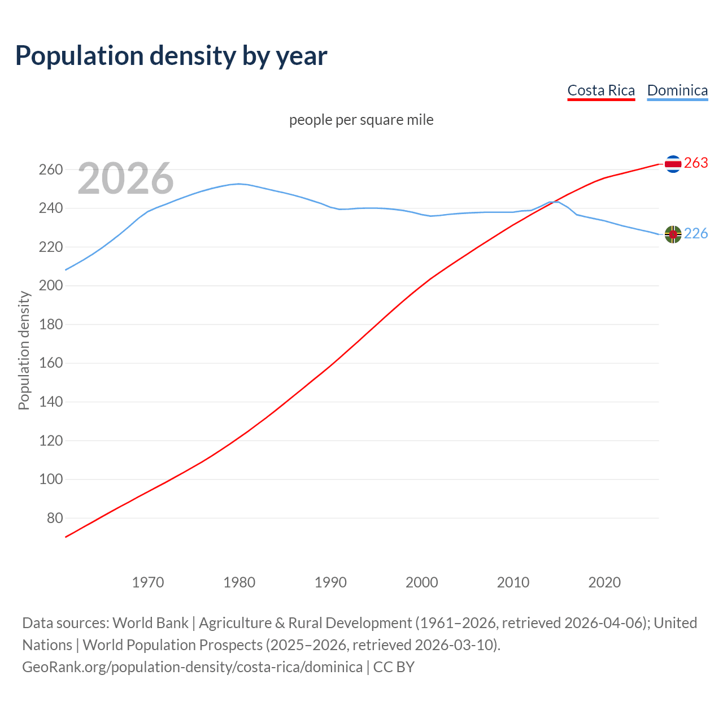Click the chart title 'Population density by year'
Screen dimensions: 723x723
click(x=171, y=55)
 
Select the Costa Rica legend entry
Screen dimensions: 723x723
click(x=601, y=90)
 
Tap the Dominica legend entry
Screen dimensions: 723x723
click(x=677, y=90)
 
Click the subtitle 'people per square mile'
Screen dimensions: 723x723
click(x=361, y=120)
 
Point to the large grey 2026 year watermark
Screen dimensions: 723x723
click(x=125, y=178)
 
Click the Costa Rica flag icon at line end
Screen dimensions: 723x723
click(x=673, y=164)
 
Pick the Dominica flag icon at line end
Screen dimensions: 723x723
click(x=673, y=234)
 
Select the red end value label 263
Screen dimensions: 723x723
click(x=696, y=163)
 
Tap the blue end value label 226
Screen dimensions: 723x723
click(x=696, y=234)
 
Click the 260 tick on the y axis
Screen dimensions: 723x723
click(x=50, y=170)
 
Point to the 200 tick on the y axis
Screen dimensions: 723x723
click(x=50, y=286)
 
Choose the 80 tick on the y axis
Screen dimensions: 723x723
click(x=54, y=518)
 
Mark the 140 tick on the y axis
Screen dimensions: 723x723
click(x=50, y=402)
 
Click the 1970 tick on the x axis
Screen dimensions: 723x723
click(x=148, y=582)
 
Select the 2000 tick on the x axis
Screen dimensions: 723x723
click(x=422, y=582)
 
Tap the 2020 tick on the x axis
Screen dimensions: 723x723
click(x=604, y=582)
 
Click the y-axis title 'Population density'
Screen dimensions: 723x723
click(x=24, y=350)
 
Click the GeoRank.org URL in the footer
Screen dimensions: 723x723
click(x=192, y=667)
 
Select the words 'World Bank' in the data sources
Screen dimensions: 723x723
click(x=150, y=623)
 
